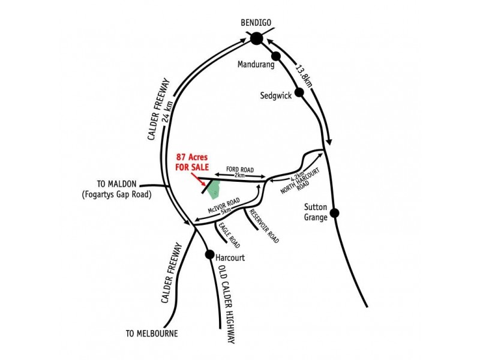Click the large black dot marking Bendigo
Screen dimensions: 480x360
pyautogui.click(x=257, y=39)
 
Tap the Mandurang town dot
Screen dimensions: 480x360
pyautogui.click(x=276, y=56)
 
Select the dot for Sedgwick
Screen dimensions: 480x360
pyautogui.click(x=299, y=92)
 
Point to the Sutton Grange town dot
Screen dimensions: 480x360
pyautogui.click(x=335, y=213)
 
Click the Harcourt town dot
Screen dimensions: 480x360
pyautogui.click(x=209, y=254)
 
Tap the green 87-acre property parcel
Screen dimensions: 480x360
pyautogui.click(x=214, y=190)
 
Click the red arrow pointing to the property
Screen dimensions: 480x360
pyautogui.click(x=198, y=179)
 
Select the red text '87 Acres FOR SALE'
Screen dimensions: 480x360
pyautogui.click(x=192, y=162)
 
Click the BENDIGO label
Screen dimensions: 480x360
pyautogui.click(x=256, y=23)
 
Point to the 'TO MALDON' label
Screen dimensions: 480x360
pyautogui.click(x=116, y=184)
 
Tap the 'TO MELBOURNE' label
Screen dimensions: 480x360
pyautogui.click(x=152, y=334)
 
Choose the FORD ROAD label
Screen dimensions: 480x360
pyautogui.click(x=240, y=169)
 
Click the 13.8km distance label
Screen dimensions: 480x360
pyautogui.click(x=304, y=76)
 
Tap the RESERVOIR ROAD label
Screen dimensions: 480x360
pyautogui.click(x=264, y=226)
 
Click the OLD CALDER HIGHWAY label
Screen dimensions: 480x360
pyautogui.click(x=227, y=304)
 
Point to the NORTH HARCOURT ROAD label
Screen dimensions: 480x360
pyautogui.click(x=301, y=182)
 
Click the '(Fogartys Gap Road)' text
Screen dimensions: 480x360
pyautogui.click(x=116, y=194)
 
